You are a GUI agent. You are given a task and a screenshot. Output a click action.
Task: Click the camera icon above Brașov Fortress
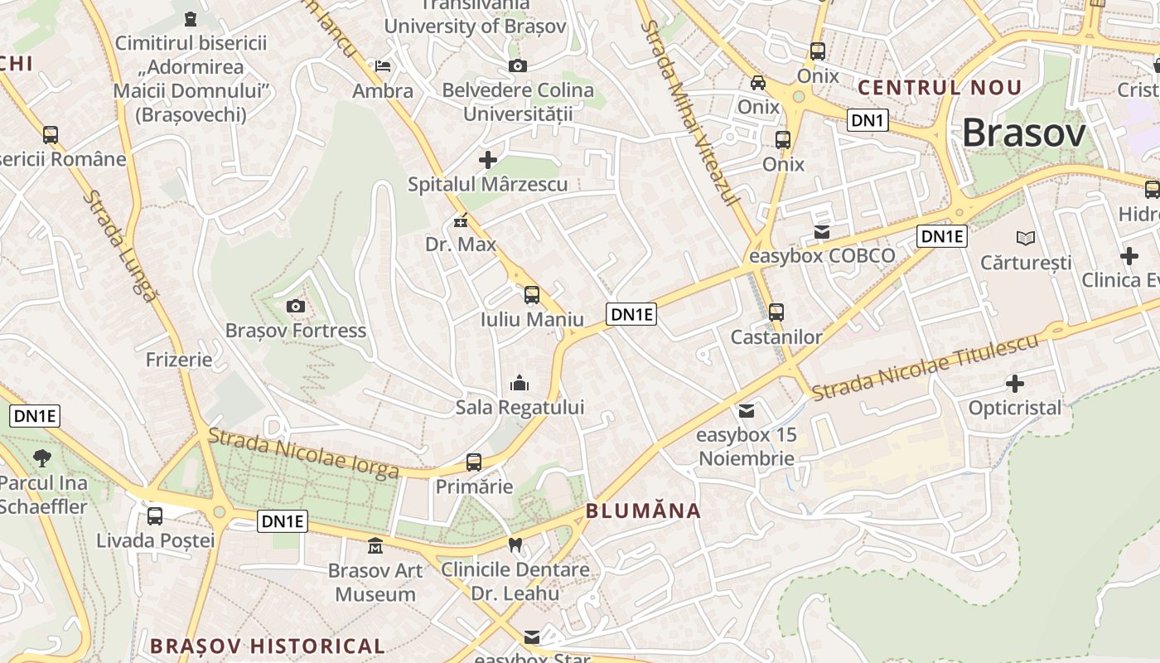click(296, 307)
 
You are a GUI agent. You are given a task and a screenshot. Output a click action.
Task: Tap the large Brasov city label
click(1023, 133)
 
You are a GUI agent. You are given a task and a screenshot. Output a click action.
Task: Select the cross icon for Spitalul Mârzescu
click(488, 160)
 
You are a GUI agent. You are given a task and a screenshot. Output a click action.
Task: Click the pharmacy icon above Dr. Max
click(461, 221)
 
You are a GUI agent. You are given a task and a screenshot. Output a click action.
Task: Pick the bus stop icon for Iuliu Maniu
click(532, 295)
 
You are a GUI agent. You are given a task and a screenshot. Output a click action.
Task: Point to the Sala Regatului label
click(520, 407)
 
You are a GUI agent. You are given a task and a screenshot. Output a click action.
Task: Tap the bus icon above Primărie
click(474, 462)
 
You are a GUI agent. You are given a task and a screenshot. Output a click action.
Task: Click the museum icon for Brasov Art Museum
click(375, 546)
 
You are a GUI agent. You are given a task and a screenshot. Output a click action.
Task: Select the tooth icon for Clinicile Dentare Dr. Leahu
click(515, 545)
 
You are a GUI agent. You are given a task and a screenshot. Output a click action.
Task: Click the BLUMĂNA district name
click(643, 511)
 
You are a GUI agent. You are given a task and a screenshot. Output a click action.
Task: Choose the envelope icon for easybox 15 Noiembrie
click(747, 410)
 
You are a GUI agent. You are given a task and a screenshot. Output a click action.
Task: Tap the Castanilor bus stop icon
click(776, 312)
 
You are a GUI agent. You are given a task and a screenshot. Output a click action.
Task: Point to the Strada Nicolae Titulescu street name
click(924, 368)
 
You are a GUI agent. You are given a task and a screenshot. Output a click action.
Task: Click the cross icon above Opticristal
click(1015, 384)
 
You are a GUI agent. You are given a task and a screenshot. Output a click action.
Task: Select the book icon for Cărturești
click(1026, 239)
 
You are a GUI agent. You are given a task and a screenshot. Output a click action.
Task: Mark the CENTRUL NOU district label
click(940, 87)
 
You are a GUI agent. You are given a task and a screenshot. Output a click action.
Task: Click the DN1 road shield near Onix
click(868, 120)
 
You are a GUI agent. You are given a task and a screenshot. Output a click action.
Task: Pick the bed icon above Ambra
click(383, 66)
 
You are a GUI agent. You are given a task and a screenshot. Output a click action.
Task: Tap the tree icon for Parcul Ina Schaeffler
click(41, 457)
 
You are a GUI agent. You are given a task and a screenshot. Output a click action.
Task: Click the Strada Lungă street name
click(119, 246)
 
